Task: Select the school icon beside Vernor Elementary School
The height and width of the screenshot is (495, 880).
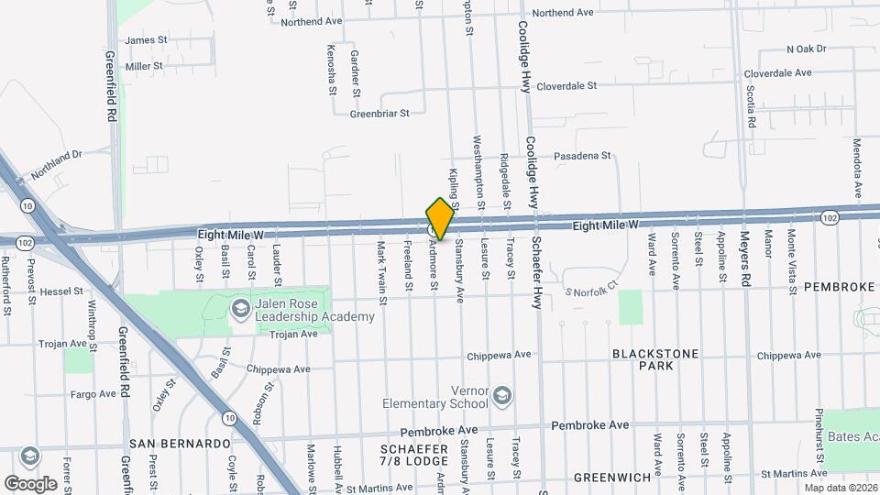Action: (x=501, y=396)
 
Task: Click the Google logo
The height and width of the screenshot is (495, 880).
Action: (x=31, y=483)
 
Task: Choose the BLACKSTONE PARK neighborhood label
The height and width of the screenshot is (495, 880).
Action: (x=655, y=359)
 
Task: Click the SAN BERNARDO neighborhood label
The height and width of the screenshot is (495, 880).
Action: (x=180, y=443)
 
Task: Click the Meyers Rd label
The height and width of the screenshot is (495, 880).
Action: (x=744, y=260)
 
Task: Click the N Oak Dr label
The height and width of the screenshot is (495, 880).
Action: (x=807, y=49)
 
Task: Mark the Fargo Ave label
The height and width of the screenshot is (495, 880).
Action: (x=93, y=394)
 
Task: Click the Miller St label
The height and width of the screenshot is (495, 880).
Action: (x=144, y=66)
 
